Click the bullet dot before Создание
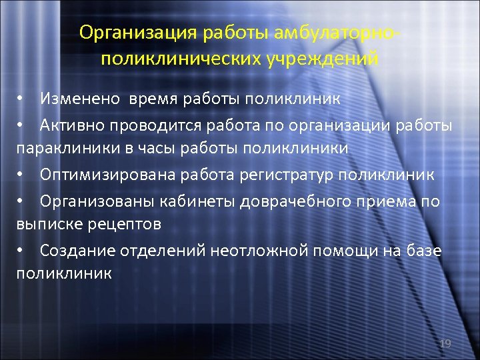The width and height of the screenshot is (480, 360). tap(21, 250)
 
